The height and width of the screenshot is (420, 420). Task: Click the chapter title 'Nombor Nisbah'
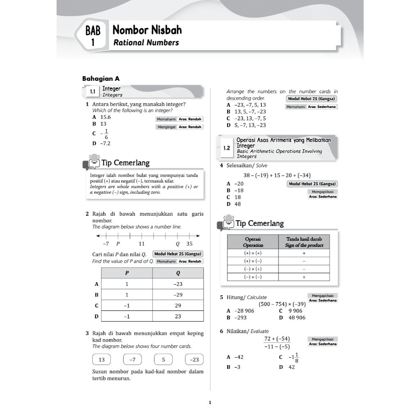(147, 30)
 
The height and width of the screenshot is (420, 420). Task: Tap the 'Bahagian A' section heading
(101, 78)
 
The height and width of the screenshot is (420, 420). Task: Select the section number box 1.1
(92, 91)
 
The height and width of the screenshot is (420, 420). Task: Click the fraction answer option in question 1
(105, 134)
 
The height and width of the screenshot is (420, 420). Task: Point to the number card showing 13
(102, 360)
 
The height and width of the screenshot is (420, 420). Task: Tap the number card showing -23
(194, 360)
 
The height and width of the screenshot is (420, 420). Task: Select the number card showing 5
(163, 360)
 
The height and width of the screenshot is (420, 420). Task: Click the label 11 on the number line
(142, 244)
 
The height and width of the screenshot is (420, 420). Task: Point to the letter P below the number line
(118, 244)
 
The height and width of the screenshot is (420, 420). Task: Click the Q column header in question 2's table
(178, 273)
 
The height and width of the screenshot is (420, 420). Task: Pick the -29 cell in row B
(178, 294)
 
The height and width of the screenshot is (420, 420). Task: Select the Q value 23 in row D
(178, 316)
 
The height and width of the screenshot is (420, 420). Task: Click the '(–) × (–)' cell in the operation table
(253, 277)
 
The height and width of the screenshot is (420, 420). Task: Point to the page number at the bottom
(210, 403)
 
